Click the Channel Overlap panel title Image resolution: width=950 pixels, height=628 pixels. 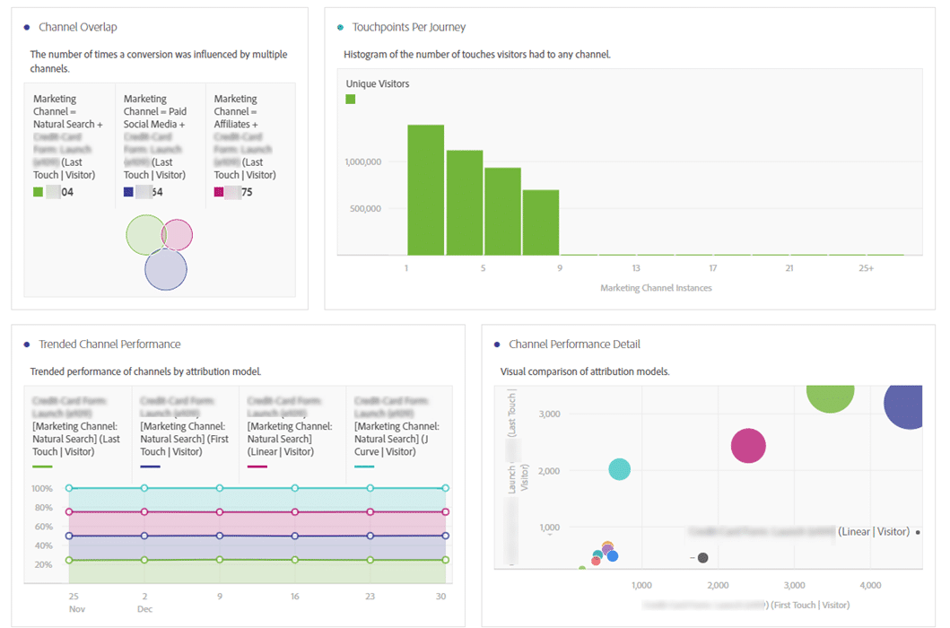pos(78,28)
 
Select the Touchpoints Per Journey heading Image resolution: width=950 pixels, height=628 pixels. pos(409,28)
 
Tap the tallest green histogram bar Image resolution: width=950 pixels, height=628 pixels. pos(426,189)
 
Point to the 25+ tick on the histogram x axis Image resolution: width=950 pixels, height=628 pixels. pos(866,268)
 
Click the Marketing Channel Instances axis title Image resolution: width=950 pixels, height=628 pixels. pos(656,288)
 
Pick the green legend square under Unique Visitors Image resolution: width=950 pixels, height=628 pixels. pos(351,99)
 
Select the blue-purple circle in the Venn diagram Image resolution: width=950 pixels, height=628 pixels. pos(166,270)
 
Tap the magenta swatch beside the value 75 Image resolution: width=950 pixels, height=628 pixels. pos(218,192)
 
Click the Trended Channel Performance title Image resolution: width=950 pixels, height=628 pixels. pos(109,345)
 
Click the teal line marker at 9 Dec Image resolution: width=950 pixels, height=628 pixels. pos(220,488)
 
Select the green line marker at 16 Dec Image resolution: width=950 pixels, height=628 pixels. pos(295,560)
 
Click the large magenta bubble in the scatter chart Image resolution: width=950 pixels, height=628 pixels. pos(748,446)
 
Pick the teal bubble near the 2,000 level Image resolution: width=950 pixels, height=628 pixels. pos(619,469)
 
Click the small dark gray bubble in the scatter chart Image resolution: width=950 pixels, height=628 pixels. pos(703,558)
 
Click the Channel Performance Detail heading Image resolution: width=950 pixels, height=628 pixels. pos(574,345)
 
